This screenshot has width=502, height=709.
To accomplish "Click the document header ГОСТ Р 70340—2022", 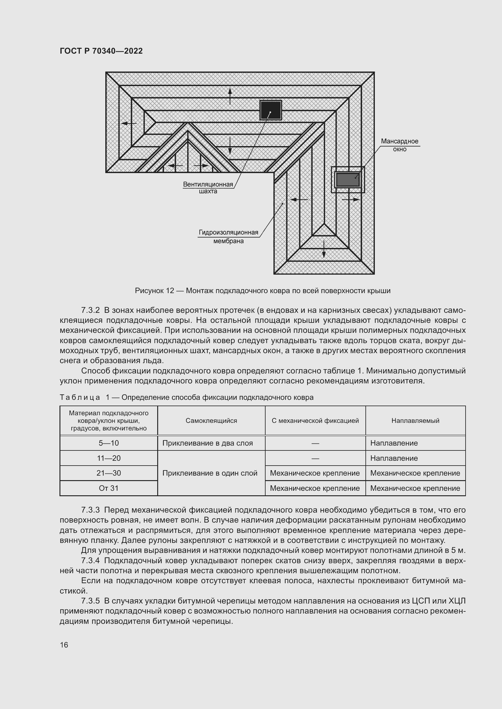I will [101, 51].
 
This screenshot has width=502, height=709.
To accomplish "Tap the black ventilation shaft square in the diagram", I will [270, 110].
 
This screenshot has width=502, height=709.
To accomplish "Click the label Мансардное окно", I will [399, 145].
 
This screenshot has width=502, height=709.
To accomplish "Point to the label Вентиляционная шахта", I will [208, 188].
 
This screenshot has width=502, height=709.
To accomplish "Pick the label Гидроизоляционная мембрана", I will [229, 236].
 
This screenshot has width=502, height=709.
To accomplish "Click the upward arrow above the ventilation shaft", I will [230, 96].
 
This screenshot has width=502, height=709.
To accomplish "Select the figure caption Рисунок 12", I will [263, 291].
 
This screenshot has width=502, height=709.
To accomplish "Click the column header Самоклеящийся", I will [211, 421].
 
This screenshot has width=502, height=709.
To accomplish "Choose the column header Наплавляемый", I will [415, 421].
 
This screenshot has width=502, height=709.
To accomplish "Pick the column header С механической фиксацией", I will [315, 421].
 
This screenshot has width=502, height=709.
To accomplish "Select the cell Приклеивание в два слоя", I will [207, 443].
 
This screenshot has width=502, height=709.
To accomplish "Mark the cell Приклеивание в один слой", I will [210, 473].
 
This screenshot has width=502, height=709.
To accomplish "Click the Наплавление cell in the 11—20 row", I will [394, 458].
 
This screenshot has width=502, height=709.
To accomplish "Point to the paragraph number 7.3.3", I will [90, 510].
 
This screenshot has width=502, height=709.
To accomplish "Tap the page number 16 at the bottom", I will [64, 645].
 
